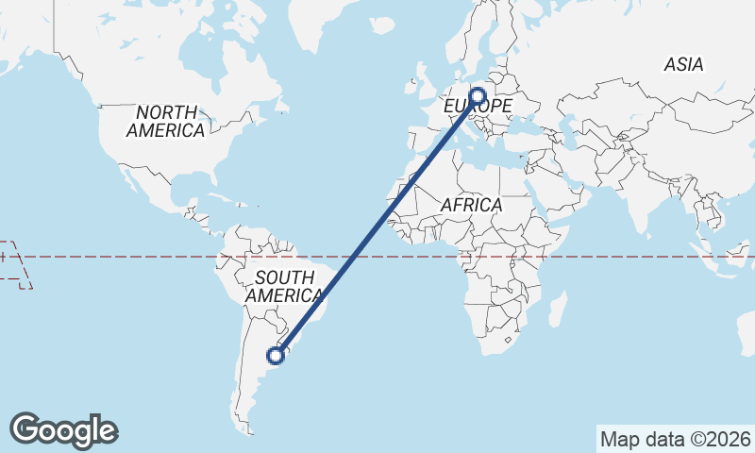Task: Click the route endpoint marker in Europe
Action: coord(477,96)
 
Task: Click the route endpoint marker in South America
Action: coord(276,355)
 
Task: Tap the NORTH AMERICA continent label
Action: coord(166,122)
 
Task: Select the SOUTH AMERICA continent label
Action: coord(283,287)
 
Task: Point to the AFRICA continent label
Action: coord(472,205)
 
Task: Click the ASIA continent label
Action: coord(683,65)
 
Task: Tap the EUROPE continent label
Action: coord(481,107)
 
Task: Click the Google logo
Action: coord(63,429)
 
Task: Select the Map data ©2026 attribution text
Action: coord(676,439)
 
